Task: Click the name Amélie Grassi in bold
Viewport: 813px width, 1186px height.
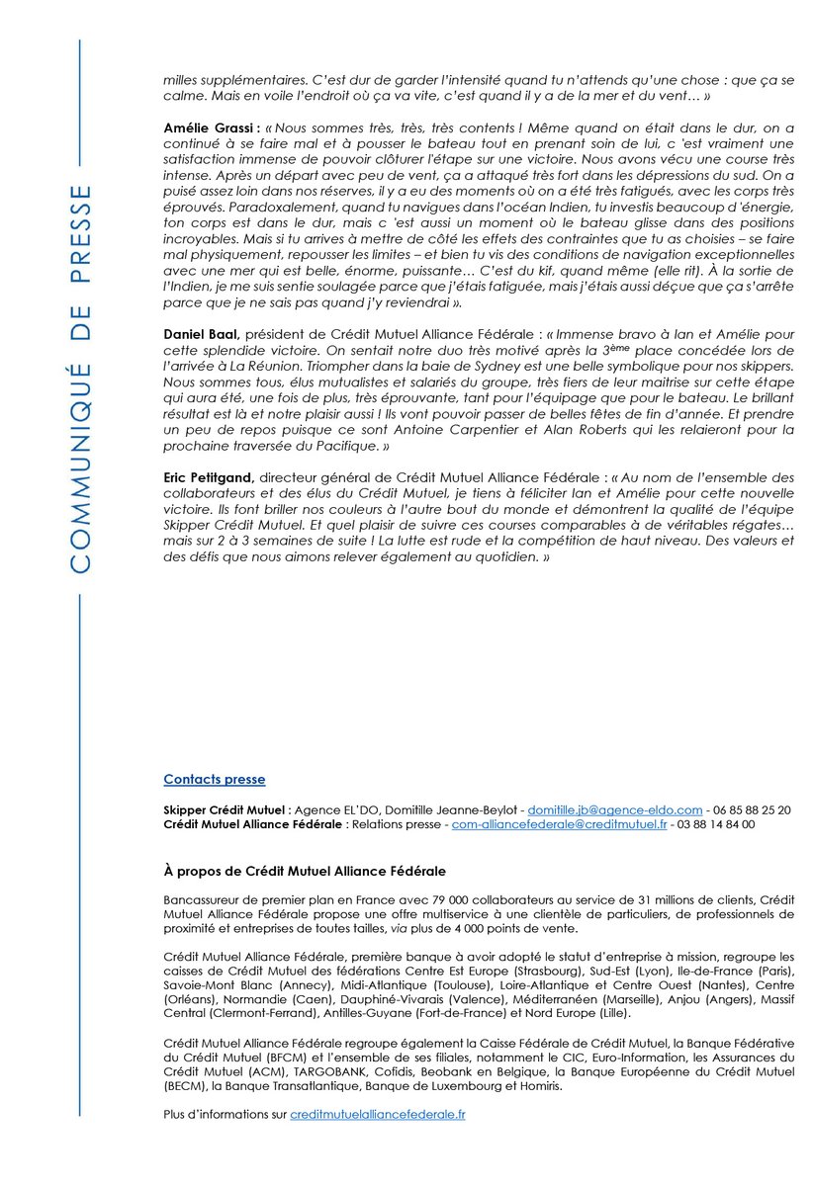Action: tap(209, 129)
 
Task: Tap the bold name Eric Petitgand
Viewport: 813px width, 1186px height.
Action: tap(202, 476)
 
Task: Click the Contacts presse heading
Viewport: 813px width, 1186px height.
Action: tap(215, 780)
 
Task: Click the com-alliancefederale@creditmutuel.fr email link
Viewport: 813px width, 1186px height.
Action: tap(559, 823)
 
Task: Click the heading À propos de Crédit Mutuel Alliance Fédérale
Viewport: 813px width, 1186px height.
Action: tap(305, 872)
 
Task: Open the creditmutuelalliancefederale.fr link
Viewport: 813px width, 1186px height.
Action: tap(378, 1114)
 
